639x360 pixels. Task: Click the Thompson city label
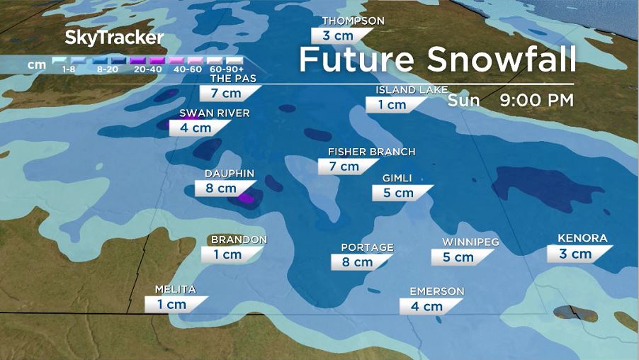(353, 21)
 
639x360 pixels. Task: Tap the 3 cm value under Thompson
(337, 35)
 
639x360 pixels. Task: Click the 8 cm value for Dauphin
(220, 189)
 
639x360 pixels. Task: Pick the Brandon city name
(239, 240)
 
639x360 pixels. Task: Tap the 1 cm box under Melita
(171, 304)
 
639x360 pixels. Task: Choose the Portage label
(367, 247)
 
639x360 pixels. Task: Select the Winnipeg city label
(470, 242)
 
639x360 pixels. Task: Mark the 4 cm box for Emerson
(426, 306)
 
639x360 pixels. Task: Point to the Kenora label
(582, 238)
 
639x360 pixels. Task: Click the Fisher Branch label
(371, 152)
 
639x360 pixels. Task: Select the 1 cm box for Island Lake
(391, 105)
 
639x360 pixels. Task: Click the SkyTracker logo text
(114, 38)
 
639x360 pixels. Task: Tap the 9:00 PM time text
(536, 100)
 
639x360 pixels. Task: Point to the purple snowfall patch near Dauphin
(245, 198)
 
